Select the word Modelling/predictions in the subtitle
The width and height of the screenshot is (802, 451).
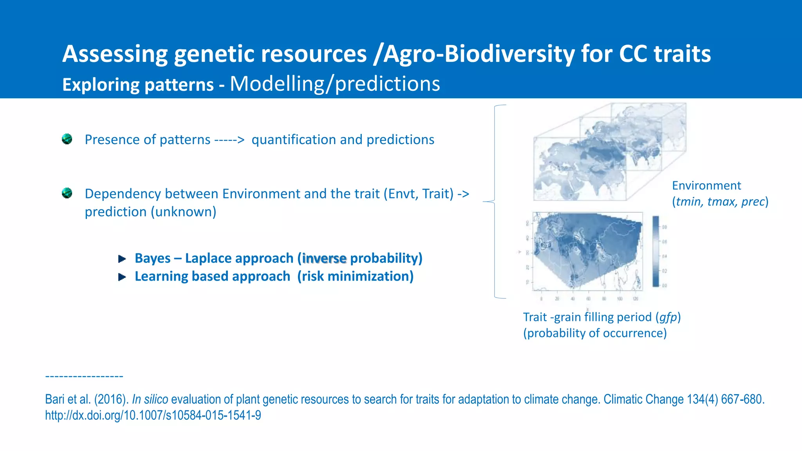(x=335, y=84)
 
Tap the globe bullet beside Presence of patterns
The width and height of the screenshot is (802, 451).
(x=67, y=139)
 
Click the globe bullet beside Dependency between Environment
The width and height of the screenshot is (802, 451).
(x=67, y=193)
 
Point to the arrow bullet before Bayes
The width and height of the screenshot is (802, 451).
(x=122, y=259)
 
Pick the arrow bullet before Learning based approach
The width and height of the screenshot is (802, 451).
(x=122, y=277)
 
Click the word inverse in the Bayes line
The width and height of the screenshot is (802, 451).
(x=324, y=258)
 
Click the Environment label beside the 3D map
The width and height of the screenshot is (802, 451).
(x=706, y=186)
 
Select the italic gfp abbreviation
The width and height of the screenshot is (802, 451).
(x=668, y=317)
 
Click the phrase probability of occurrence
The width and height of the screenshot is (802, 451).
(x=595, y=333)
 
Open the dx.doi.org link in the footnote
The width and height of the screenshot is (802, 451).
(x=153, y=415)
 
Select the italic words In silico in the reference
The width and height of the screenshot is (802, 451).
(x=150, y=399)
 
